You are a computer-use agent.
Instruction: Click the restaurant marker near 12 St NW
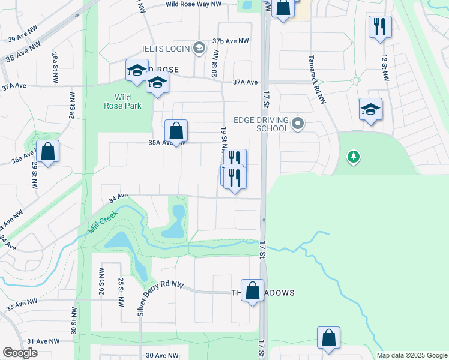(380, 27)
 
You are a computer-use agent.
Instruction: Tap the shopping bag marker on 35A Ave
(176, 131)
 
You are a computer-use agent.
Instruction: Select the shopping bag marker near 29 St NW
(48, 152)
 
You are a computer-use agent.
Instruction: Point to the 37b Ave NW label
(231, 41)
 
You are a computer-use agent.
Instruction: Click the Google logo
(20, 353)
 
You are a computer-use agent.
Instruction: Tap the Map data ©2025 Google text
(411, 355)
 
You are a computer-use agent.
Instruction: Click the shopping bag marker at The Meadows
(253, 291)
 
